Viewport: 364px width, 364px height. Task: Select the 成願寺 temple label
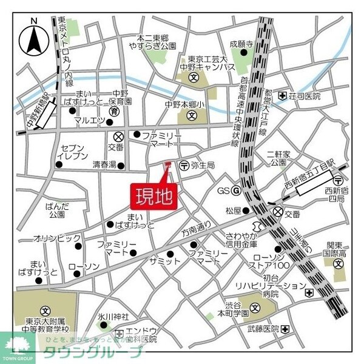pos(241,44)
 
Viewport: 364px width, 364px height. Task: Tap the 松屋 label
pos(234,211)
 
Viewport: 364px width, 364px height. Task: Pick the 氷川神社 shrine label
pos(114,317)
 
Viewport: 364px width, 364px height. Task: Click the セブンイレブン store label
pos(71,152)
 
